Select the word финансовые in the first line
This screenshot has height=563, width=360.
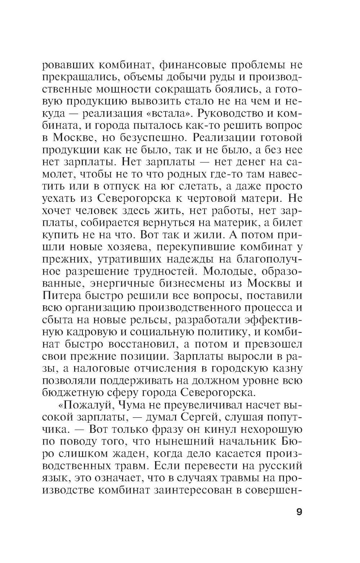click(x=179, y=66)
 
